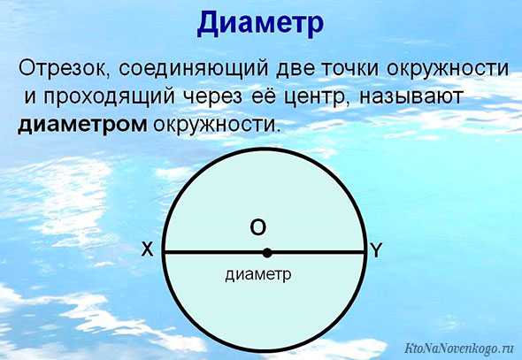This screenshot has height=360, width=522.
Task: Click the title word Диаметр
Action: [260, 24]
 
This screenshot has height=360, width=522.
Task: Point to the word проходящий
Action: [109, 97]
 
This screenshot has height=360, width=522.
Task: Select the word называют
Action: [411, 97]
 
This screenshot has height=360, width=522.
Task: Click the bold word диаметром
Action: [82, 126]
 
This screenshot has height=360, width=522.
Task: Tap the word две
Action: [295, 69]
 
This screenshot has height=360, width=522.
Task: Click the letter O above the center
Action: [258, 228]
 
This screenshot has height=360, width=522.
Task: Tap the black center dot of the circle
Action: [267, 253]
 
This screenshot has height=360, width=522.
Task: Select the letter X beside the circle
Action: [148, 249]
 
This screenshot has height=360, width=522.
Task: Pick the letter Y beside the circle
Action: [376, 250]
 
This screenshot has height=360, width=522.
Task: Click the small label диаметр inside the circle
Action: [258, 275]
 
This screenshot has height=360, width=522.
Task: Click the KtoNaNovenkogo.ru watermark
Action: [459, 348]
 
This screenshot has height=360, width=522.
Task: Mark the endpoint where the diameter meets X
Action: [164, 253]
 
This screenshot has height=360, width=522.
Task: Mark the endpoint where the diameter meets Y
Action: [365, 253]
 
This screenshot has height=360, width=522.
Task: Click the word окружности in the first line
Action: [448, 69]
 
